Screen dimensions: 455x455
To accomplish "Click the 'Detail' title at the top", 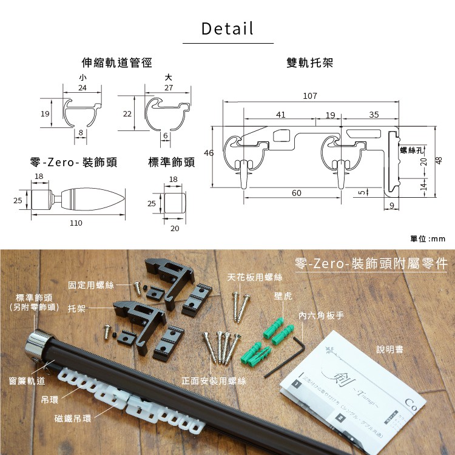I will [227, 29].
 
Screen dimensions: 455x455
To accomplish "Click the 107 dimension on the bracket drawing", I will [310, 96].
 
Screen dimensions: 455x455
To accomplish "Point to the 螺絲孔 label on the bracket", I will [412, 149].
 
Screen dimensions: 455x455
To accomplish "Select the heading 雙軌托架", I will [310, 63].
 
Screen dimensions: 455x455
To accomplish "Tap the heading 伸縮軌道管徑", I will [116, 63].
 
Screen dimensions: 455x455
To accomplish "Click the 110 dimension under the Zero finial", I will [76, 223].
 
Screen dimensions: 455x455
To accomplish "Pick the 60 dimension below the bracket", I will [296, 193].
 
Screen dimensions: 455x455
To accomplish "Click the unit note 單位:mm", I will [428, 239].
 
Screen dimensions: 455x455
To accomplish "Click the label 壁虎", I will [283, 296].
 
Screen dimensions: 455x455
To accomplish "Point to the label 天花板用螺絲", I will [255, 277].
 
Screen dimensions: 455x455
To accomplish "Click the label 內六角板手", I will [322, 316].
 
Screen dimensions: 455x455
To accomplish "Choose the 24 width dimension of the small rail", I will [82, 89].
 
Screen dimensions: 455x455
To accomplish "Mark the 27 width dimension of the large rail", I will [168, 89].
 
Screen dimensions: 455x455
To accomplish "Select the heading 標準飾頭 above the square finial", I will [171, 163].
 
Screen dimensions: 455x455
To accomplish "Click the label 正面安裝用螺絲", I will [214, 381].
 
